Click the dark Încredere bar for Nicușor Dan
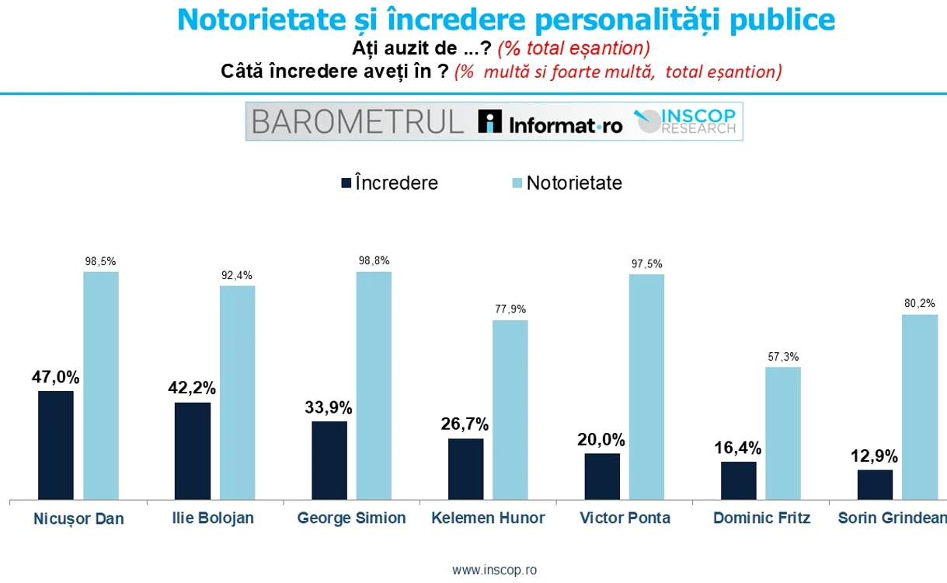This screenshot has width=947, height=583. tap(56, 445)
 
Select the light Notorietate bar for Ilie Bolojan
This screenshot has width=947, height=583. tap(237, 393)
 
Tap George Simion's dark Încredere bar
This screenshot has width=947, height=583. tap(329, 460)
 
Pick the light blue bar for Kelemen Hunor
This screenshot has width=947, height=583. tap(510, 410)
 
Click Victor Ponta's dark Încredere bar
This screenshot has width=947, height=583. tap(602, 476)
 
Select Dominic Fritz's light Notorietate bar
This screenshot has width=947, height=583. tap(783, 433)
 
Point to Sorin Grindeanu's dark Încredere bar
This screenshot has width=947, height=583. tap(875, 484)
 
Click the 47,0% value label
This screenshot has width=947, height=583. tap(56, 377)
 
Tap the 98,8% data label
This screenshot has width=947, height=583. tap(374, 260)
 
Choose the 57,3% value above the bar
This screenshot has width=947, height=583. tap(783, 357)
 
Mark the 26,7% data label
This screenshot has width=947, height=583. tap(465, 424)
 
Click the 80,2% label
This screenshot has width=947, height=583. tap(919, 303)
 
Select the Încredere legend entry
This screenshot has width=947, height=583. tap(389, 183)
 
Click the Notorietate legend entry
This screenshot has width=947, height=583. tap(566, 183)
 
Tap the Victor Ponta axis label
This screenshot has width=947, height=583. tap(625, 518)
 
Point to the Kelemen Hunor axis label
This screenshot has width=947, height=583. tap(488, 518)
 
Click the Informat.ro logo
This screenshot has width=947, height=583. tap(551, 122)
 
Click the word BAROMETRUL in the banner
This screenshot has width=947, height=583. tap(357, 122)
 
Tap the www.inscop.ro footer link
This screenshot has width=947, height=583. tap(494, 570)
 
